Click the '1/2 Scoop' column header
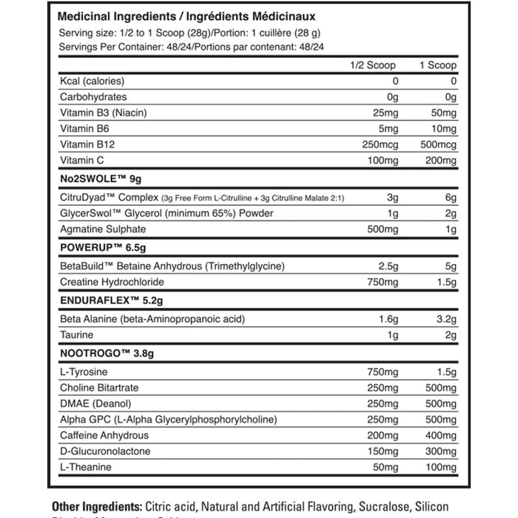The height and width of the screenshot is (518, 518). tap(374, 65)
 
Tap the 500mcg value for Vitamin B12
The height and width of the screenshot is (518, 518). tap(437, 144)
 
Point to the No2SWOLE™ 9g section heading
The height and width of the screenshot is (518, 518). tap(97, 178)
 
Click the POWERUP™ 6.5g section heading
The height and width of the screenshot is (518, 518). tap(97, 246)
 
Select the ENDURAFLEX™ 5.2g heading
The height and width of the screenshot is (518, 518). tap(107, 300)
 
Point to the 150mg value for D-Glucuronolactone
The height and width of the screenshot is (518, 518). tap(382, 452)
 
